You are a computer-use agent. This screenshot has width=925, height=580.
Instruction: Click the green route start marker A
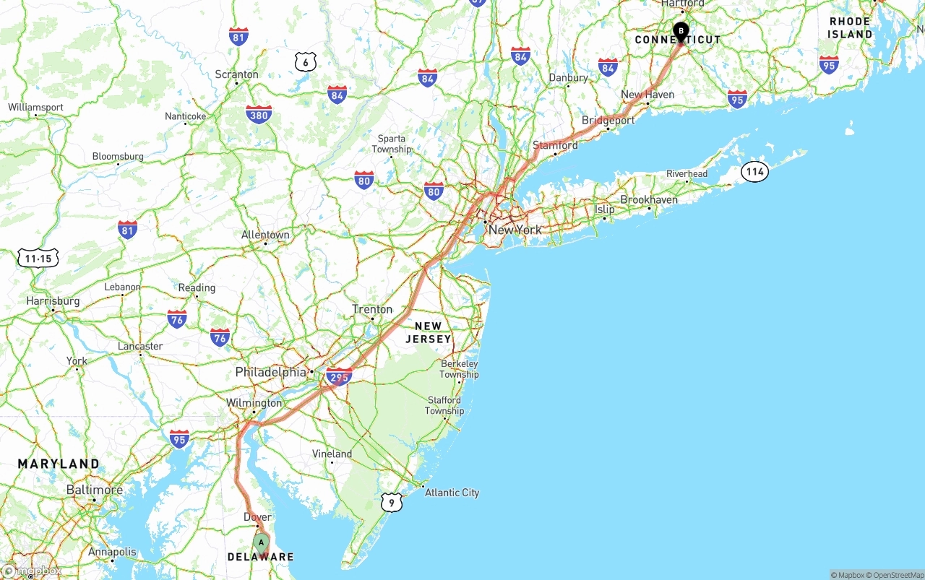(x=262, y=543)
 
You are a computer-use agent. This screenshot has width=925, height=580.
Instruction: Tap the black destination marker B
(x=681, y=31)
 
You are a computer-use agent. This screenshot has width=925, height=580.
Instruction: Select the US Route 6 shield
(x=306, y=62)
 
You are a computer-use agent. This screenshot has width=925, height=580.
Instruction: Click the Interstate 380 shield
(x=259, y=114)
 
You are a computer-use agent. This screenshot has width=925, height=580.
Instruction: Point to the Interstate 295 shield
(x=339, y=376)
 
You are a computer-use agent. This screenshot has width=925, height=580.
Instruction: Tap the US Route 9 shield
(x=391, y=502)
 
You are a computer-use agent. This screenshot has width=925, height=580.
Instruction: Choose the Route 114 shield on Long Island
(x=754, y=172)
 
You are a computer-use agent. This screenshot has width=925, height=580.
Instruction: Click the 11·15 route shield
(x=38, y=259)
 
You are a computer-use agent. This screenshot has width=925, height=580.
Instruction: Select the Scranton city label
(x=236, y=74)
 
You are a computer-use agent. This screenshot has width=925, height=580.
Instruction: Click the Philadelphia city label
(x=270, y=373)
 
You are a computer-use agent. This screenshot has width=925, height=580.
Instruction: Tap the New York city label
(x=515, y=230)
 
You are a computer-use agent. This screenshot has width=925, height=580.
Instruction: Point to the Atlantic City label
(x=452, y=493)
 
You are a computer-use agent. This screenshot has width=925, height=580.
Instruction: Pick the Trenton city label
(x=372, y=309)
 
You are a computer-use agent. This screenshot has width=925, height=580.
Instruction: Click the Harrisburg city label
(x=53, y=300)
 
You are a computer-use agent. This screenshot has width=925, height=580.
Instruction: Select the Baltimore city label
(x=94, y=490)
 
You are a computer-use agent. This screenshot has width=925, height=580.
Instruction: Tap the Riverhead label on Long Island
(x=687, y=174)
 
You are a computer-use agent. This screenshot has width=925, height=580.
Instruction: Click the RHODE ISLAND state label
(x=851, y=27)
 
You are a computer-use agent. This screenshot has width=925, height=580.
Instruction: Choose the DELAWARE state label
(x=261, y=557)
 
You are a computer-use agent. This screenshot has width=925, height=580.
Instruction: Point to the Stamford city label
(x=555, y=145)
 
